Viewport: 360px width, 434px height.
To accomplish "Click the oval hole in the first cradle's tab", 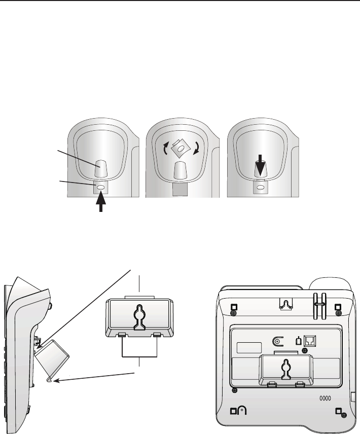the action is tap(101, 187).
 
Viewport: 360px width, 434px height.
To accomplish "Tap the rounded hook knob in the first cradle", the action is tap(101, 169).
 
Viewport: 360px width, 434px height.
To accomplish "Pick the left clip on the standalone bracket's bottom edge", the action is tap(122, 335).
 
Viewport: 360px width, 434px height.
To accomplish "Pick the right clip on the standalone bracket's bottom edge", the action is tap(157, 335).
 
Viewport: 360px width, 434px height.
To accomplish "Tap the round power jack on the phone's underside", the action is tap(277, 342).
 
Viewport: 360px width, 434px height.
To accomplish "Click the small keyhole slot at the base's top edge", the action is tap(285, 304).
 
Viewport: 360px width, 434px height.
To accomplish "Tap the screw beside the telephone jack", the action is tap(305, 351).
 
